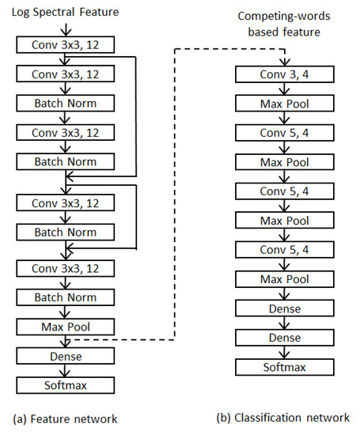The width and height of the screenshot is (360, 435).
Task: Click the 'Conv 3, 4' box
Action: (282, 74)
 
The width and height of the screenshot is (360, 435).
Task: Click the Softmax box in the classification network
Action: (282, 367)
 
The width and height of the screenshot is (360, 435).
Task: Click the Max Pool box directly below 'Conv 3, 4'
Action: (282, 104)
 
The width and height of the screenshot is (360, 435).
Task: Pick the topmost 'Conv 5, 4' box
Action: (282, 133)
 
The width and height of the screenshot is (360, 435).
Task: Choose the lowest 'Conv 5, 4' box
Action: (282, 250)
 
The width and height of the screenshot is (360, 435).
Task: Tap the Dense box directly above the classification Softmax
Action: (282, 338)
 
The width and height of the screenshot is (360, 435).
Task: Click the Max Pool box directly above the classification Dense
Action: (282, 279)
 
